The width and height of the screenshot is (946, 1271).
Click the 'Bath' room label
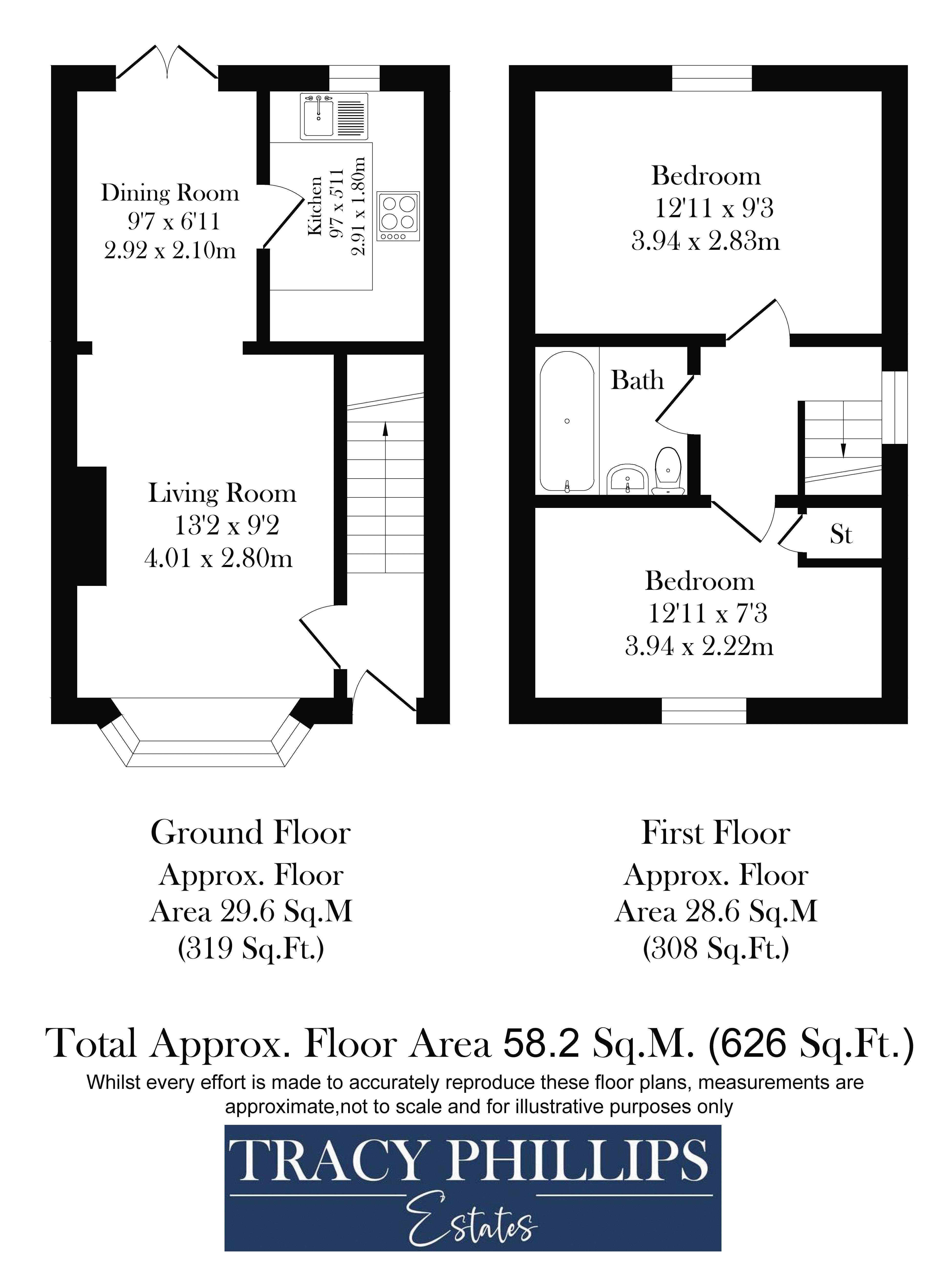pyautogui.click(x=637, y=380)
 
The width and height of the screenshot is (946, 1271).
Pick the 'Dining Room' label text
pyautogui.click(x=170, y=193)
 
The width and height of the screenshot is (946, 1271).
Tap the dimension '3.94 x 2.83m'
pyautogui.click(x=706, y=241)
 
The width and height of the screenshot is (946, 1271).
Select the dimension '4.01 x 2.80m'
pyautogui.click(x=218, y=558)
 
